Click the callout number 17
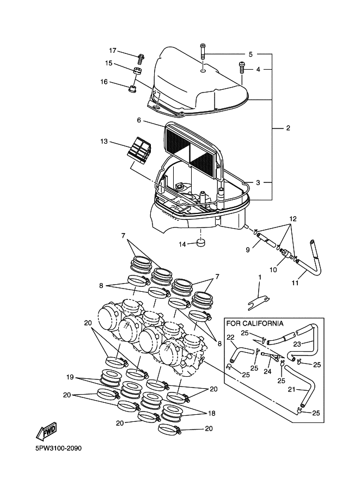113,51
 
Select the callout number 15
109,63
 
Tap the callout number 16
103,82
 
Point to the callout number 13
104,142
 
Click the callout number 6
139,120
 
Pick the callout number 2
288,128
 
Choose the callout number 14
183,243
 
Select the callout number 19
70,377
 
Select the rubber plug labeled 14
202,242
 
